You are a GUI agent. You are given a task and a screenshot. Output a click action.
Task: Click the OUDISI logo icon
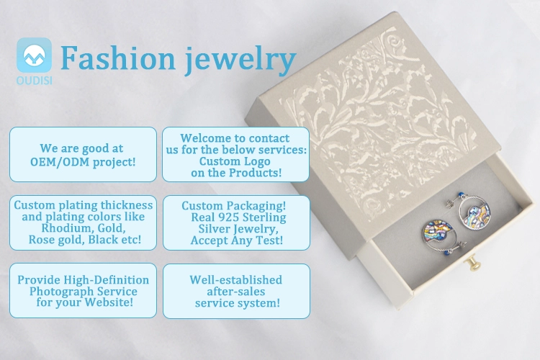pos(34,55)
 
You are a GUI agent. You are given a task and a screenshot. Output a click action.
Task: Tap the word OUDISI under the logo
pos(34,81)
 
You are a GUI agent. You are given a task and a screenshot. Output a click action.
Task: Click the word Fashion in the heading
pos(118,58)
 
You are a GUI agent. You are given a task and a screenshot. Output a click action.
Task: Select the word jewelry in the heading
pos(240,60)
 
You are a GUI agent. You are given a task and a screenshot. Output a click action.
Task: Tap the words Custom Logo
pos(235,161)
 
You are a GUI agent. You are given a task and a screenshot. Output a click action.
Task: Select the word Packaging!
pos(255,206)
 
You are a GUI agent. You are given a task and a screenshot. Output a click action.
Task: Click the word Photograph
pos(60,292)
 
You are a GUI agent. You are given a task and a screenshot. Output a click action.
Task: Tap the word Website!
pos(109,302)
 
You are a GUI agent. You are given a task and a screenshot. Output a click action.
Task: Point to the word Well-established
pos(236,279)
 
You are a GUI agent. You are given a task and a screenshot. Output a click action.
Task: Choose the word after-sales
pos(236,292)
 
